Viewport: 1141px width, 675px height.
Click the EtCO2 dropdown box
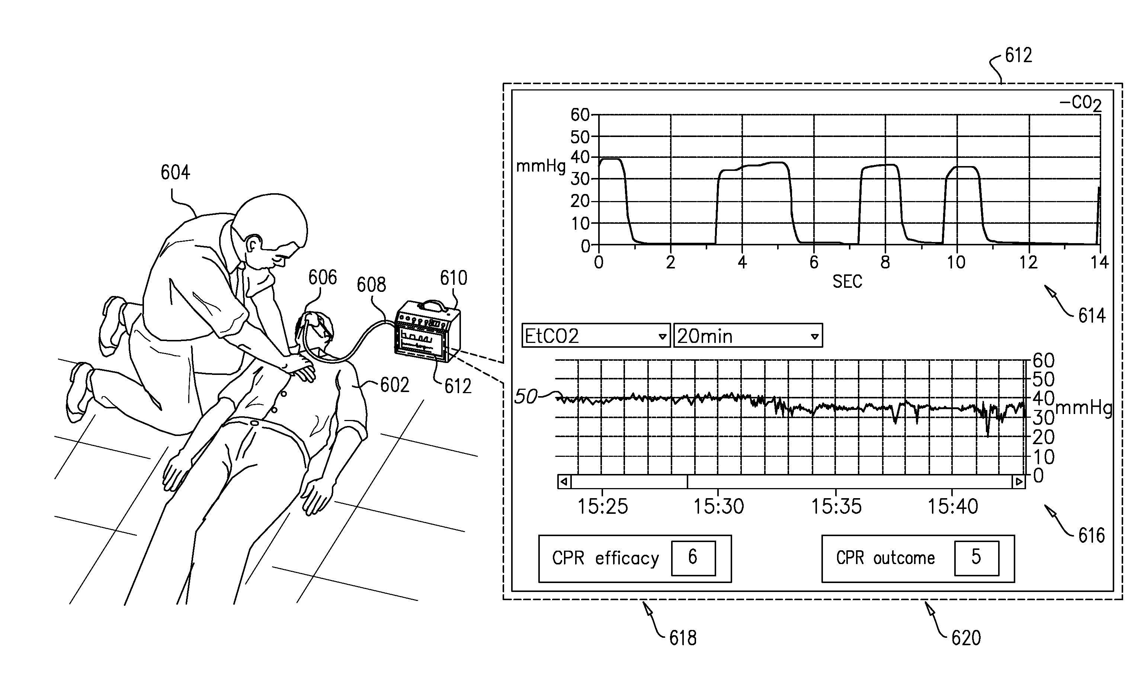(595, 336)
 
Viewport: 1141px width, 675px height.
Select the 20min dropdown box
(747, 336)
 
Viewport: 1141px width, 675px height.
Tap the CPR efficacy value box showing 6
(693, 558)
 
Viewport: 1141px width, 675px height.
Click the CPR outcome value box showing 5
(976, 558)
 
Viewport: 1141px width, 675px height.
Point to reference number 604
(175, 173)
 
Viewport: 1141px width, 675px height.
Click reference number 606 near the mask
(322, 277)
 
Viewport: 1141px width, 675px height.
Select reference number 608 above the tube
(371, 285)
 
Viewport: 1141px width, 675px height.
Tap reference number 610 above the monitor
(453, 278)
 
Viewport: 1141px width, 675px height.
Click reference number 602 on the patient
(394, 385)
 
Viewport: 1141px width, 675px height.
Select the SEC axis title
(847, 282)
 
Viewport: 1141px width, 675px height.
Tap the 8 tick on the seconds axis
(885, 262)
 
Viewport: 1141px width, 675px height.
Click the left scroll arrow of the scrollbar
(564, 481)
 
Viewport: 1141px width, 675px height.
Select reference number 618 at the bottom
(683, 638)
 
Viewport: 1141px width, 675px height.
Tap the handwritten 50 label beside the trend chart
(526, 397)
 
